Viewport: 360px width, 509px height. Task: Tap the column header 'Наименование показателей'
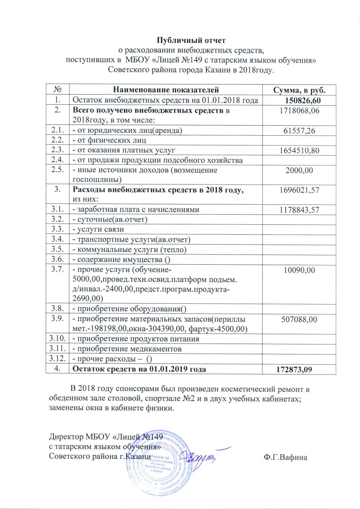point(166,90)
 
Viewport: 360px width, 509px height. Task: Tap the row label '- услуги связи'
point(98,229)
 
